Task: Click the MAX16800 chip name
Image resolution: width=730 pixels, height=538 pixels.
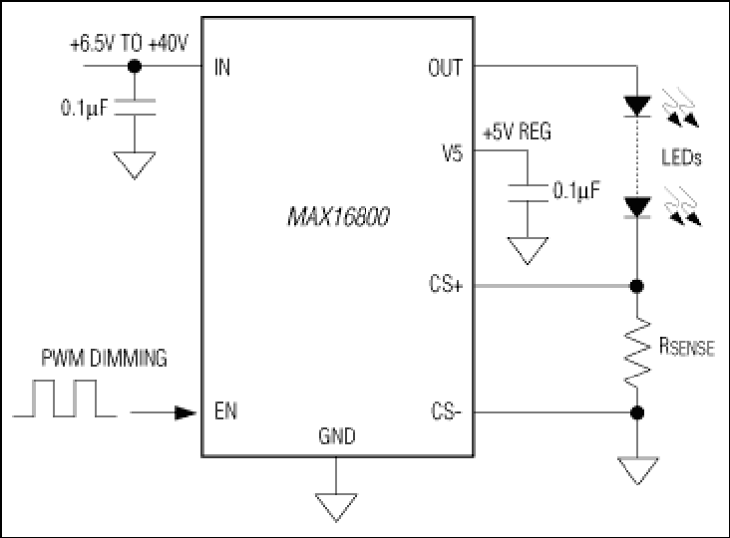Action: click(338, 216)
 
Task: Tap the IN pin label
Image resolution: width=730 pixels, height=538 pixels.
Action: click(222, 68)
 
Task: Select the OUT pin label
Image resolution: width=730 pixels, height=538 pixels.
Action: click(445, 68)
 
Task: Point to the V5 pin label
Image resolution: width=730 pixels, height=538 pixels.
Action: click(452, 153)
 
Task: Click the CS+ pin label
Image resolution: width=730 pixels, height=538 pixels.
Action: click(446, 285)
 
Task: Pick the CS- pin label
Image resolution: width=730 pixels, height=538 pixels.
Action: click(446, 411)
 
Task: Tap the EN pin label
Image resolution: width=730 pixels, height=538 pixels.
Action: click(225, 411)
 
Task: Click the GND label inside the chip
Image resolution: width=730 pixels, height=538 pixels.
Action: click(337, 436)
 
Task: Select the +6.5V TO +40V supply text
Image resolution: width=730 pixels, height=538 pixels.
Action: click(129, 44)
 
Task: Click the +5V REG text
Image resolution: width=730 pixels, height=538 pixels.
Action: click(517, 132)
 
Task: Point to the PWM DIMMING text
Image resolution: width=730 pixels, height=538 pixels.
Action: click(104, 358)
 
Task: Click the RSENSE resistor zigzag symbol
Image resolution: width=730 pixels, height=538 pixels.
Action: click(637, 352)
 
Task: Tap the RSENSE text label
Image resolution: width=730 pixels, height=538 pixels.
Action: click(687, 347)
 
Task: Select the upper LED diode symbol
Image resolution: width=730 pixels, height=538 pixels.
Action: click(637, 106)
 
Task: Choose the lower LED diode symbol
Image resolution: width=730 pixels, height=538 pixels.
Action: click(637, 207)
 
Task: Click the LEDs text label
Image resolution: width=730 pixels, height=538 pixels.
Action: click(681, 157)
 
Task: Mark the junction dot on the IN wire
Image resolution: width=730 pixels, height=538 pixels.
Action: click(135, 66)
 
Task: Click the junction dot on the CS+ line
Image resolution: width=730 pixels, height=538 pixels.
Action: click(637, 286)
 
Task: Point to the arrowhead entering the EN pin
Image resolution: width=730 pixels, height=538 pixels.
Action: click(184, 412)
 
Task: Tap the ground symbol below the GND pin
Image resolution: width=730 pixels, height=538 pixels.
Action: click(336, 507)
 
